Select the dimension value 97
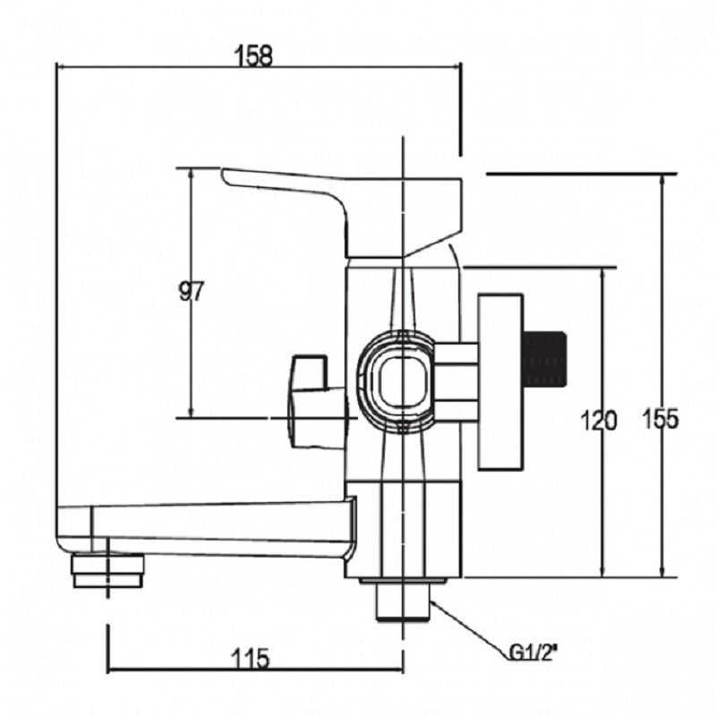192,292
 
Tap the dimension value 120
598,421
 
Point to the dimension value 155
661,419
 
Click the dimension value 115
251,659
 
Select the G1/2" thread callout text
533,653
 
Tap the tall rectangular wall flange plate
500,382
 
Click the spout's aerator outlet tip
107,570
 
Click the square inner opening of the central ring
403,382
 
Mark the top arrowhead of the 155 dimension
662,180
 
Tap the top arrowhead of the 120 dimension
603,273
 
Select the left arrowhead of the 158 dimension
62,67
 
